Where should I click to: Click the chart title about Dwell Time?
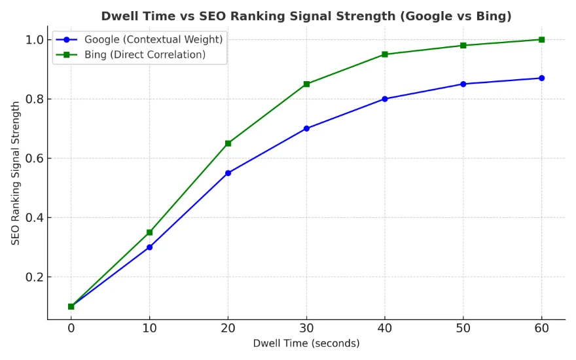(306, 16)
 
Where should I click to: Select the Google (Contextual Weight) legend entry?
(153, 40)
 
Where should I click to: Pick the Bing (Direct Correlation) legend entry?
(145, 55)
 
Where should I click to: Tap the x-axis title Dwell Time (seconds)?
(306, 343)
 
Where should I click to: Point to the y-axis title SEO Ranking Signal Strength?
(16, 173)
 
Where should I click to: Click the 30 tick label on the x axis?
(306, 327)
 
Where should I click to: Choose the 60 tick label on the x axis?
(541, 327)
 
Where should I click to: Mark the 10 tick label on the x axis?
(149, 327)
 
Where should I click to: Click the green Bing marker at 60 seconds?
(541, 39)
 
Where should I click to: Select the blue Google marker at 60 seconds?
(541, 78)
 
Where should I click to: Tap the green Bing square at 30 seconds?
(306, 84)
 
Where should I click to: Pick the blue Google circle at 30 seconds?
(306, 128)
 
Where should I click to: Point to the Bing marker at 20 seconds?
(228, 143)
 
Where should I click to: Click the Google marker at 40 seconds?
(385, 99)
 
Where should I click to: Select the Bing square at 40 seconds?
(385, 54)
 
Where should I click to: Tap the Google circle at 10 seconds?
(149, 247)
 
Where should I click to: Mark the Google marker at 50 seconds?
(463, 84)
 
